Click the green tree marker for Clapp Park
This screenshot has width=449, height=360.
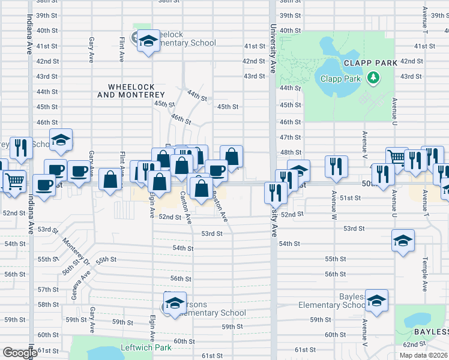[373, 77]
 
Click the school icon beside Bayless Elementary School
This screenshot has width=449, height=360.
[377, 301]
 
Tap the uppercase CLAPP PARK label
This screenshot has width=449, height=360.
[370, 62]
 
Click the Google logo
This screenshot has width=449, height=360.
[20, 353]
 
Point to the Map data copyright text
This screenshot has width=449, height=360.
[423, 355]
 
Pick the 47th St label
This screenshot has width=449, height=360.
[290, 137]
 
